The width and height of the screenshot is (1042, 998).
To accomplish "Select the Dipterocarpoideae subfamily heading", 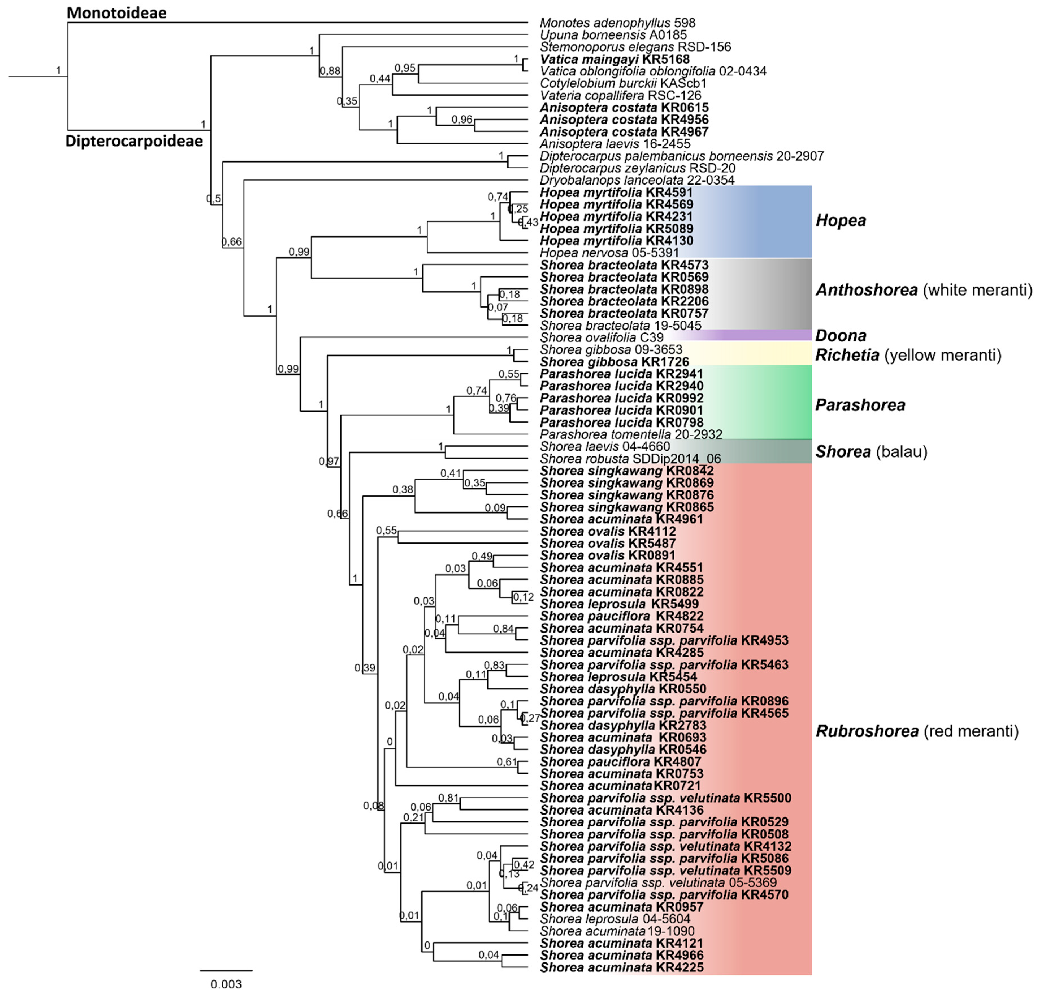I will click(x=134, y=141).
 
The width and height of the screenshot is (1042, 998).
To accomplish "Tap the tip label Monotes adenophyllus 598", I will click(x=617, y=23).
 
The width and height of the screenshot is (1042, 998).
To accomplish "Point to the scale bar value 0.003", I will click(x=226, y=984).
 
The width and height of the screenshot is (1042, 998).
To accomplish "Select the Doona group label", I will click(x=841, y=335).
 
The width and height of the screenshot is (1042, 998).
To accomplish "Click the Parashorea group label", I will click(x=860, y=405).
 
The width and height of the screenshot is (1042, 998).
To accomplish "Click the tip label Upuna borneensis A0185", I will click(x=613, y=35).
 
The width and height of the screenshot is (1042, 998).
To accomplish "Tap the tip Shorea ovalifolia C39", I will click(x=601, y=338).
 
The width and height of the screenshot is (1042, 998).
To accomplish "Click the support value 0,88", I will click(x=330, y=71).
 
